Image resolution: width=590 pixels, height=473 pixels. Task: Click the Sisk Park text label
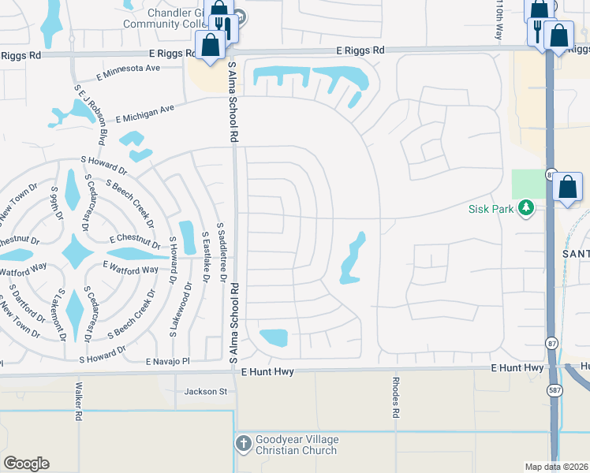[x=491, y=209]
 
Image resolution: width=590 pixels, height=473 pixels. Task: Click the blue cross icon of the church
[x=243, y=445]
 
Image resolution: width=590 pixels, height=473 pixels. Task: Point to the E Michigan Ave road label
[x=144, y=113]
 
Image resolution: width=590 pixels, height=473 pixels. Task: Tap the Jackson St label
[x=205, y=391]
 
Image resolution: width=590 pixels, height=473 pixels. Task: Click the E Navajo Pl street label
[x=168, y=361]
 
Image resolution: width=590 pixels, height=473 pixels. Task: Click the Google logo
[x=26, y=464]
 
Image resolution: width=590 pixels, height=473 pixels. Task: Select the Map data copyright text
[x=557, y=467]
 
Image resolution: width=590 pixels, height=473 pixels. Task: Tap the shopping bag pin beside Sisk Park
[x=568, y=188]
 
